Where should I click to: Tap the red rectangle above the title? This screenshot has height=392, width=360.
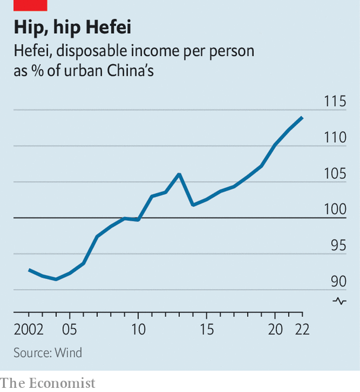coord(30,5)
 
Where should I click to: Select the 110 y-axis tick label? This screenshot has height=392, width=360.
coord(335,138)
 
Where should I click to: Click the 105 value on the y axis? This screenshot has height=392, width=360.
coord(335,174)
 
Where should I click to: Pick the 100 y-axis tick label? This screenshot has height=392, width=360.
coord(335,210)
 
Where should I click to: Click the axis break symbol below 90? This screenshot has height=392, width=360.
coord(340,301)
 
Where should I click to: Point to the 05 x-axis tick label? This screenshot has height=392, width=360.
coord(70,329)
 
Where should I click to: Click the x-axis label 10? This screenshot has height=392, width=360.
coord(138,329)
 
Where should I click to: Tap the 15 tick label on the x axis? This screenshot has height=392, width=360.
coord(206,329)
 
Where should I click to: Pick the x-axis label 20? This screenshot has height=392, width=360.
coord(275,329)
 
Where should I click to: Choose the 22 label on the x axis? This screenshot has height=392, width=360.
coord(302,329)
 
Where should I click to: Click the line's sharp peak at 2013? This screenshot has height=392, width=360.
coord(179,174)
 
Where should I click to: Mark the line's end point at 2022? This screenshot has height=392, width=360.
coord(303,117)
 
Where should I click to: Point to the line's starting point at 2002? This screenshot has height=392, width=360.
coord(29,270)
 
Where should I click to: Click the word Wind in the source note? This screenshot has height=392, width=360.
coord(69,353)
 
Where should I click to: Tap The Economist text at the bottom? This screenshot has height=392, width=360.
coord(48,383)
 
